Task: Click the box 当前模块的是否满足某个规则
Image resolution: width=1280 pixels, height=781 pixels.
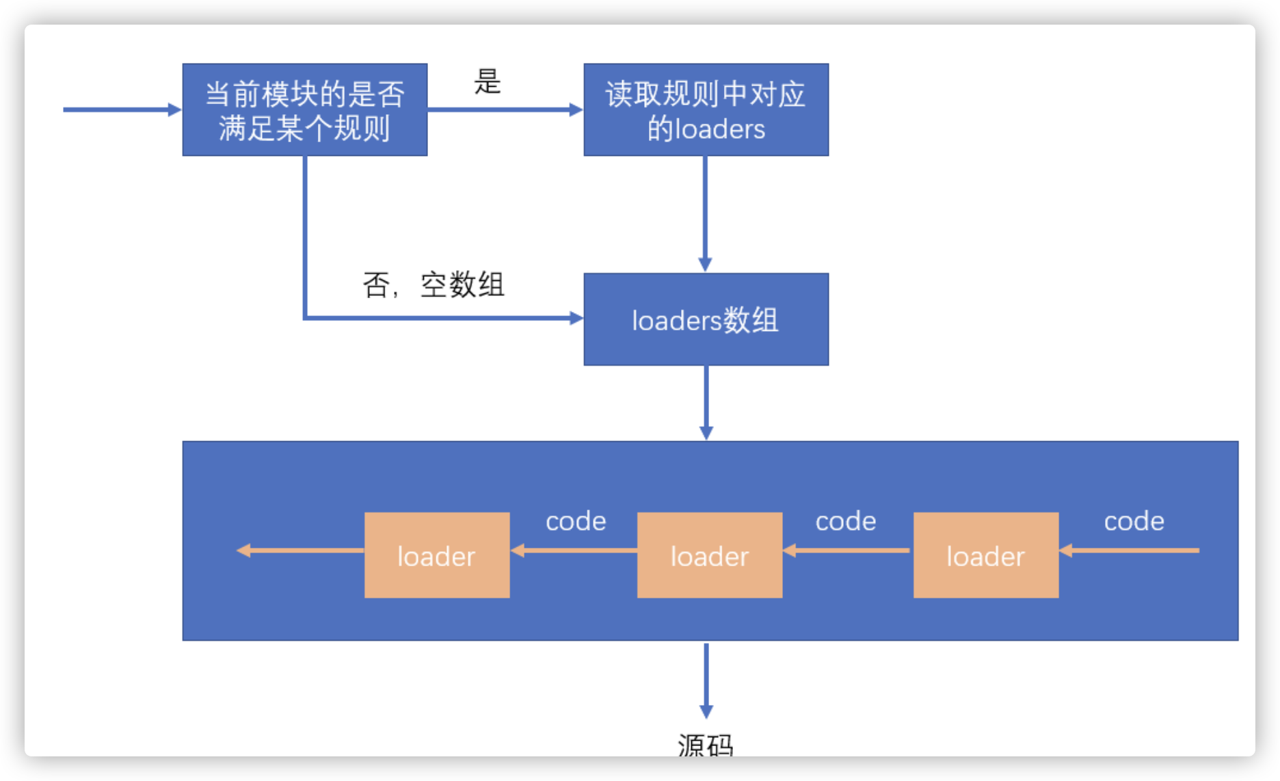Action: [x=305, y=110]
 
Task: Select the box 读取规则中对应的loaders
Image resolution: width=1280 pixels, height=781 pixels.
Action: [x=706, y=110]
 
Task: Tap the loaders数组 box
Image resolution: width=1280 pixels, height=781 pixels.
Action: [x=706, y=319]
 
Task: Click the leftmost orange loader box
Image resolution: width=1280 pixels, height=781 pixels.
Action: [x=437, y=555]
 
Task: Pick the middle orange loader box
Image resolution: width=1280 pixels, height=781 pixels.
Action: [x=710, y=555]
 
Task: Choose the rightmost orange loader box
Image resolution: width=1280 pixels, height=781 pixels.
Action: [x=986, y=555]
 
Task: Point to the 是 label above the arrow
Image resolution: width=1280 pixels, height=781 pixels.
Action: [x=488, y=82]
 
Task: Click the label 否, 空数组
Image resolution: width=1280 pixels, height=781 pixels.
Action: [x=434, y=284]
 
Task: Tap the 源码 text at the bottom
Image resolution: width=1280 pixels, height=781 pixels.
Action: [x=706, y=744]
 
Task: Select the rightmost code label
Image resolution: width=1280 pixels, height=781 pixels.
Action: [x=1134, y=522]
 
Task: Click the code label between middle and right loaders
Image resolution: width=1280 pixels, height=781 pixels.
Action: [x=846, y=522]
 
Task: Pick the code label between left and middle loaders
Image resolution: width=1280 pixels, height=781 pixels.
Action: [x=576, y=522]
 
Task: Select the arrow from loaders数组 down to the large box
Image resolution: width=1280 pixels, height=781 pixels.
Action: [x=706, y=402]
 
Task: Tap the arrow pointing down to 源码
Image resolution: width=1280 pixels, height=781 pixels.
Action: [x=706, y=680]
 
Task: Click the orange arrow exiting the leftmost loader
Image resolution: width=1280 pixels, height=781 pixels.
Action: [x=301, y=550]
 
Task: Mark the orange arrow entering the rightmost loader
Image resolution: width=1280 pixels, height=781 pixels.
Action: [x=1129, y=550]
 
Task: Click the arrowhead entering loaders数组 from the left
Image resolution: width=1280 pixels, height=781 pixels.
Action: [x=576, y=317]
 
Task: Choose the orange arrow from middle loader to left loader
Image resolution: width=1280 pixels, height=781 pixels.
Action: [x=574, y=550]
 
